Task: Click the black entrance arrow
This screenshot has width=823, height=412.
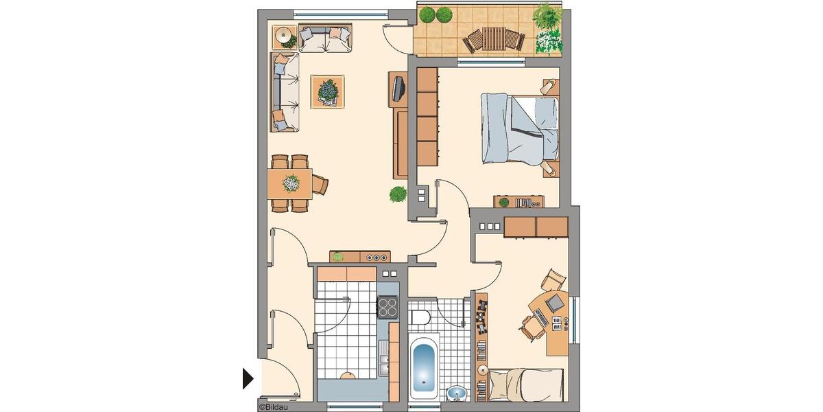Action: tap(248, 378)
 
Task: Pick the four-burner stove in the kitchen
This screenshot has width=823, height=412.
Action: tap(387, 306)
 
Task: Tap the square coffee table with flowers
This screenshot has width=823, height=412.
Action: tap(328, 91)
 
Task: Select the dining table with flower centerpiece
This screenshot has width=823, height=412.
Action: tap(290, 183)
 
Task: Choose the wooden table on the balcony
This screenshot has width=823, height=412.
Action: tap(494, 38)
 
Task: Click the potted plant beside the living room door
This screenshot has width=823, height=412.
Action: tap(398, 194)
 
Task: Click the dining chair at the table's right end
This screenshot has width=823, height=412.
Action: tap(320, 184)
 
